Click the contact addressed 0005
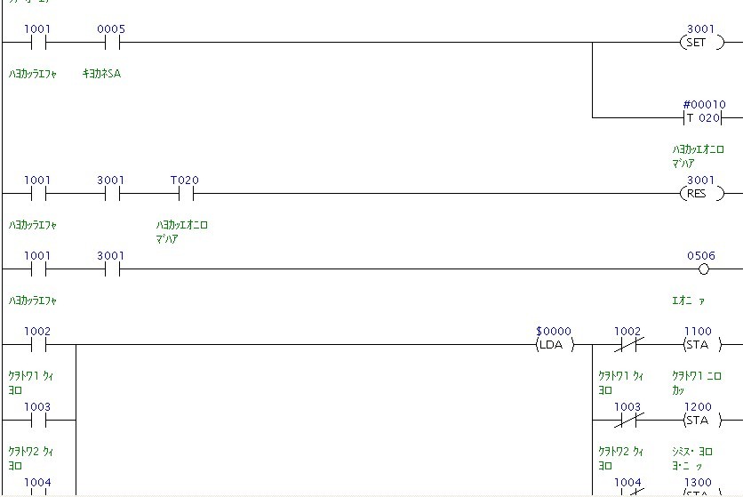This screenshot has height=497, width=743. pyautogui.click(x=111, y=42)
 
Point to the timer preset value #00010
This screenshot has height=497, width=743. pyautogui.click(x=704, y=104)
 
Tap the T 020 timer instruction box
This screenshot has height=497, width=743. pyautogui.click(x=703, y=117)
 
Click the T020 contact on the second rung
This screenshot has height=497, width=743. pyautogui.click(x=185, y=193)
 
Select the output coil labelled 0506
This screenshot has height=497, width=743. pyautogui.click(x=703, y=269)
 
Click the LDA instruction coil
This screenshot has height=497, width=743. pyautogui.click(x=554, y=344)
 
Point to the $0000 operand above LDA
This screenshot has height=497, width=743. pyautogui.click(x=554, y=331)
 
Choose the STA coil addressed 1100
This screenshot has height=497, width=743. pyautogui.click(x=698, y=344)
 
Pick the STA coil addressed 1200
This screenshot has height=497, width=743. pyautogui.click(x=698, y=420)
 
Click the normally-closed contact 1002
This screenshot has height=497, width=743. pyautogui.click(x=629, y=344)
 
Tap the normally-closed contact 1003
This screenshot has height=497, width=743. pyautogui.click(x=629, y=420)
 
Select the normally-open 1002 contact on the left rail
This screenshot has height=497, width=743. pyautogui.click(x=37, y=344)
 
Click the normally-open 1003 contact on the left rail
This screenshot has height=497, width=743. pyautogui.click(x=37, y=420)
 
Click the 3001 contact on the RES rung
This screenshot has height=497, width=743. pyautogui.click(x=111, y=193)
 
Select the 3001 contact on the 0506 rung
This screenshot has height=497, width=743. pyautogui.click(x=111, y=269)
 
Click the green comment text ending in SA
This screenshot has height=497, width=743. pyautogui.click(x=101, y=74)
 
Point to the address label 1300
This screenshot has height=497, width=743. pyautogui.click(x=698, y=482)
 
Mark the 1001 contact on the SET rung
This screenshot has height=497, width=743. pyautogui.click(x=37, y=42)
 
